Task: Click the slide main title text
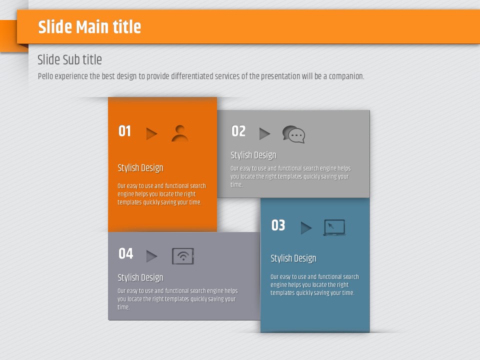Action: pos(89,27)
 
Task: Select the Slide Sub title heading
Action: pos(69,59)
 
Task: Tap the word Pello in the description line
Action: pos(45,76)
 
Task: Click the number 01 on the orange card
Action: pos(124,131)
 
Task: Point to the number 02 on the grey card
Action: pos(238,131)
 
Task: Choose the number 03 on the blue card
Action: pos(278,225)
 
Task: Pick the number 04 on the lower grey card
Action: pos(126,253)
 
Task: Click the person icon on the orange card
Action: pos(180,133)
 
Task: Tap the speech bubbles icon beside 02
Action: pos(293,134)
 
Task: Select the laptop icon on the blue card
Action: pos(334,227)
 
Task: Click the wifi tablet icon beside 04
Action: pos(183,256)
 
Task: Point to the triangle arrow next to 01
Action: pos(151,134)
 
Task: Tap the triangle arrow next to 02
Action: pos(264,134)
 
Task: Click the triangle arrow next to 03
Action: pos(306,228)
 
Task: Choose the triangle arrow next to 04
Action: pos(151,256)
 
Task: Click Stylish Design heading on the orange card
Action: pos(140,168)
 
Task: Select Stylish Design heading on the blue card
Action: pos(293,258)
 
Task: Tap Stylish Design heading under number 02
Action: pos(253,155)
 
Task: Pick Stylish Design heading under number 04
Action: pos(140,277)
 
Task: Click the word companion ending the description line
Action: pos(346,76)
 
